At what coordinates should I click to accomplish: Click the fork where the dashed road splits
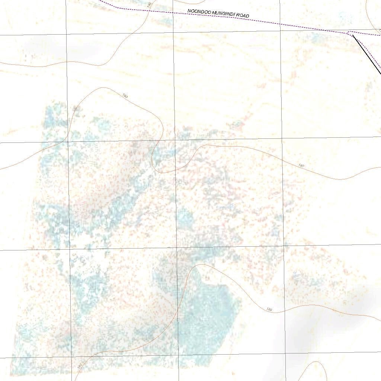pos(349,33)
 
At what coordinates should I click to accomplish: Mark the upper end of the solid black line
pos(353,36)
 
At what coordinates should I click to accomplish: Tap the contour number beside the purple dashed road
pos(150,5)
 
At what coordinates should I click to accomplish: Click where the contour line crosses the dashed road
pos(148,10)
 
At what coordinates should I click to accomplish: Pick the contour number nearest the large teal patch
pos(269,310)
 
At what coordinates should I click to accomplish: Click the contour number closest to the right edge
pos(301,165)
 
